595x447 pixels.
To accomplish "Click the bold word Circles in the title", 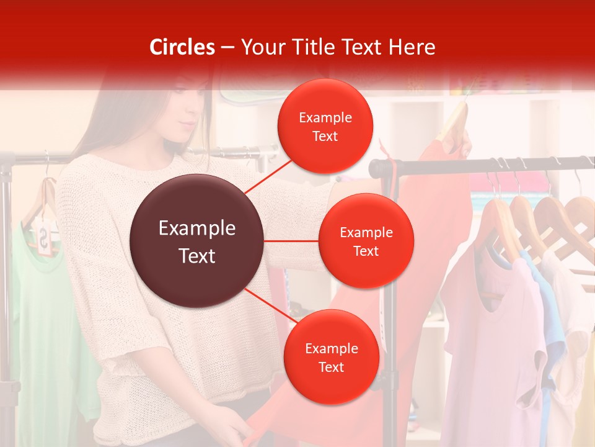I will click(182, 47).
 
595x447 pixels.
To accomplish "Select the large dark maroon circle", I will click(197, 241).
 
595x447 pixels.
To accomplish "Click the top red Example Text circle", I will click(325, 126).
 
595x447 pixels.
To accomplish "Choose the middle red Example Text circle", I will click(366, 241).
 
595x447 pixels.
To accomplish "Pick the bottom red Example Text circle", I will click(331, 357).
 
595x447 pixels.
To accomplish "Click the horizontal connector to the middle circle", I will click(291, 241).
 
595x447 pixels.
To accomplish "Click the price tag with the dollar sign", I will click(44, 239).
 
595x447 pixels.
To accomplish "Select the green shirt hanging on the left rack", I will click(37, 310).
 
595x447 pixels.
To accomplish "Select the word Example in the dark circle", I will click(197, 228).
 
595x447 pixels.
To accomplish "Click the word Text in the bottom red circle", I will click(331, 367).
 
